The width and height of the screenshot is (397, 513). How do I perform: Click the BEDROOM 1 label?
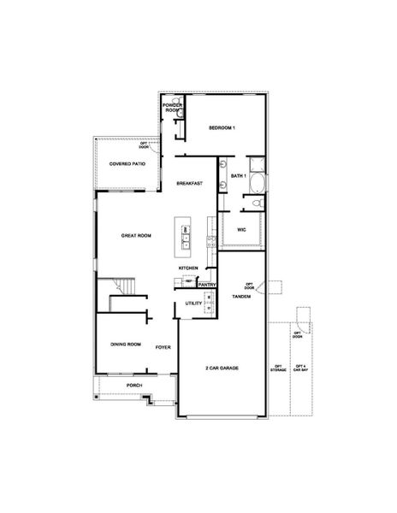tap(222, 128)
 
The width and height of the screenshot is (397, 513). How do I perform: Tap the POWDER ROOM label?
tap(172, 109)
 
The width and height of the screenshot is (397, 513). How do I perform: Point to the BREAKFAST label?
tap(189, 184)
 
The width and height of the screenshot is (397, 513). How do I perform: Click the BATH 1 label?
tap(239, 175)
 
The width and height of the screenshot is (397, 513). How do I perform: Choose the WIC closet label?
tap(242, 229)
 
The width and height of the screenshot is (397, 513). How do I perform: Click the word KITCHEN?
tap(188, 268)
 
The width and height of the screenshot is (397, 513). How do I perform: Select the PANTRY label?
tap(206, 285)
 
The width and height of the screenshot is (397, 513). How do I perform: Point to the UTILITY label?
tap(193, 304)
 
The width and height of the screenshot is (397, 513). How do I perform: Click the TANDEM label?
tap(242, 297)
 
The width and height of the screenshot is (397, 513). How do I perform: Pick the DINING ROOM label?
tap(125, 344)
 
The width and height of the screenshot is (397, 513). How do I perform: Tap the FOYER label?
tap(163, 348)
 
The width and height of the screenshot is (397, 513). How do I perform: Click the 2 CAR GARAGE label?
tap(222, 368)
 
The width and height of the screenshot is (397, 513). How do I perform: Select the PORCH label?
tap(134, 386)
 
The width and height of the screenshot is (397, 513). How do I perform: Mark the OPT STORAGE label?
tap(278, 369)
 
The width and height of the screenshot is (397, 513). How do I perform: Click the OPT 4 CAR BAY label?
tap(299, 369)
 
